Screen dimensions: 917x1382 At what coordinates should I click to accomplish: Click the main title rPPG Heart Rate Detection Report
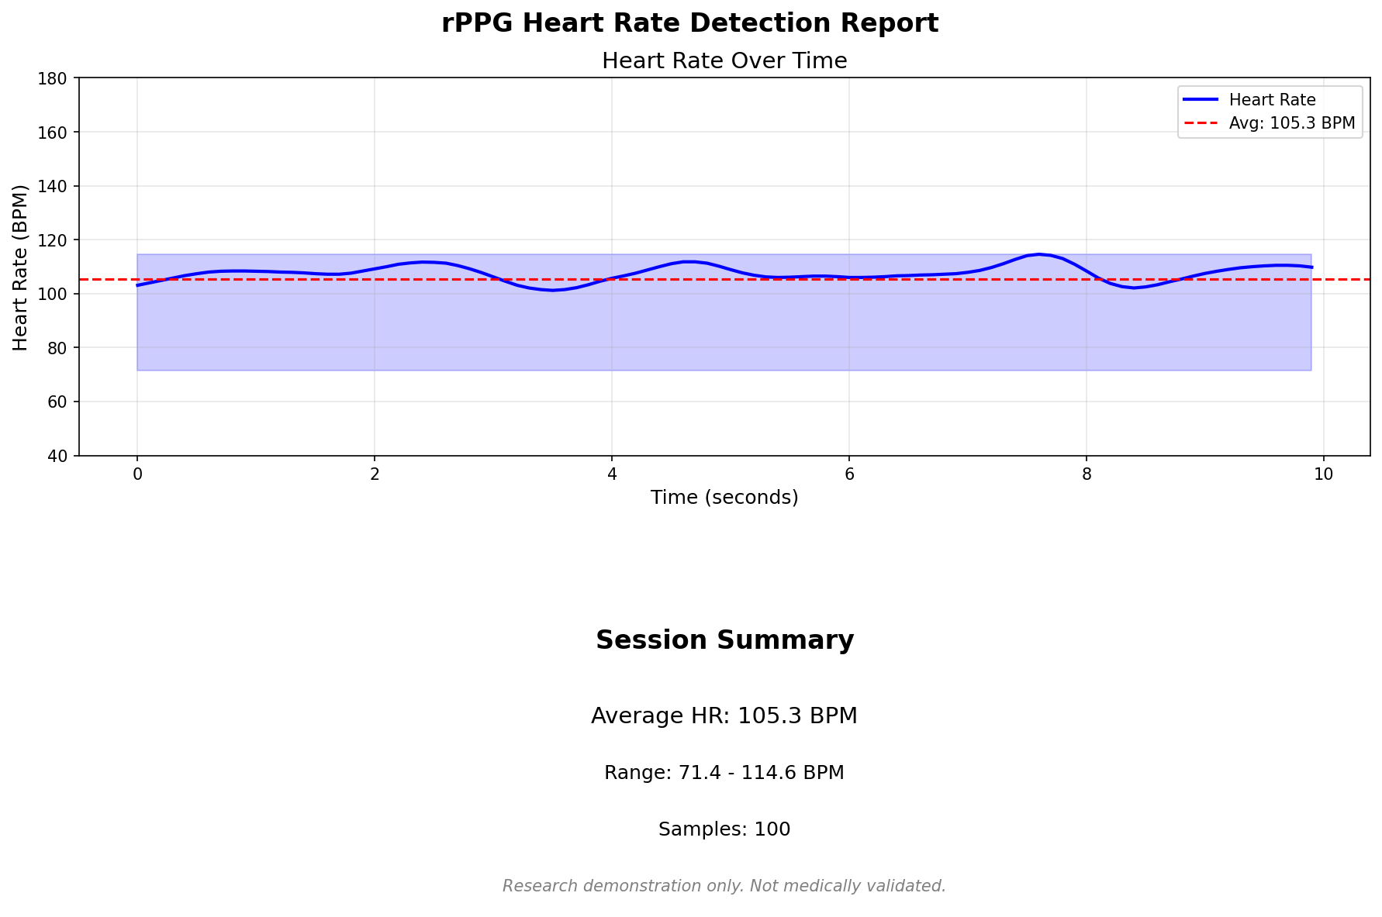tap(689, 23)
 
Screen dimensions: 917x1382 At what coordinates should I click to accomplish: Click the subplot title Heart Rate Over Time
tap(724, 60)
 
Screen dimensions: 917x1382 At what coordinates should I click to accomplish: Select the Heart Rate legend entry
tap(1272, 100)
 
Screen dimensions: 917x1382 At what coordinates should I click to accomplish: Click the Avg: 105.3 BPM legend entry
tap(1291, 123)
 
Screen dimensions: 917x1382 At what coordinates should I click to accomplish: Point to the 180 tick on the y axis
tap(57, 78)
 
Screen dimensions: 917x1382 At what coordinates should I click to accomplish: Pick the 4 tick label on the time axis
tap(612, 474)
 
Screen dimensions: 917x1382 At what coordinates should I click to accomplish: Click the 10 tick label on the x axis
tap(1323, 474)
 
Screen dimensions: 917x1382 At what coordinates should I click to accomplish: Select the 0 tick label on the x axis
tap(137, 474)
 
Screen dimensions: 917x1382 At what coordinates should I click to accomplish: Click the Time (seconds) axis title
tap(724, 498)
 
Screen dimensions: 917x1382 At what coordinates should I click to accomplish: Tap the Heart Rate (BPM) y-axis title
tap(21, 267)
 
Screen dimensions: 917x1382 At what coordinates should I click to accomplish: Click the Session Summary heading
tap(724, 640)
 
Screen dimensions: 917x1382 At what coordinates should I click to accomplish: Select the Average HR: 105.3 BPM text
tap(724, 715)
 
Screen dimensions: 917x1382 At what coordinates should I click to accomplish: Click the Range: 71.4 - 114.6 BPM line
tap(724, 773)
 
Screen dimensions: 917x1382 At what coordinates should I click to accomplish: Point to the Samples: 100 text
tap(724, 829)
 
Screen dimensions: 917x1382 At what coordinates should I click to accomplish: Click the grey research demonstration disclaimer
tap(724, 886)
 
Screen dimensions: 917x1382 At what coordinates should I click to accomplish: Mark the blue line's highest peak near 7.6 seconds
tap(1039, 254)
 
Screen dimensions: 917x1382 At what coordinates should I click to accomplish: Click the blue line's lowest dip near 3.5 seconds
tap(552, 291)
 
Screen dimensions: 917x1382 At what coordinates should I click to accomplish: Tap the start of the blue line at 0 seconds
tap(138, 285)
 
